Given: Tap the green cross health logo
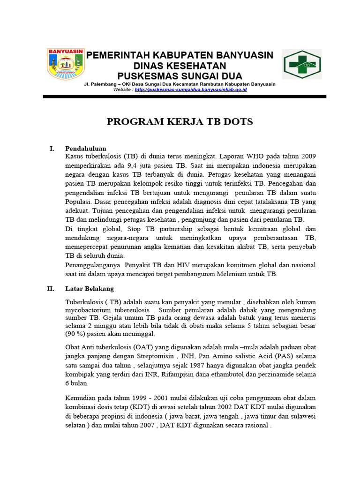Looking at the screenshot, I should coord(301,64).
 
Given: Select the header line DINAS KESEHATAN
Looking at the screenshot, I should coord(180,66).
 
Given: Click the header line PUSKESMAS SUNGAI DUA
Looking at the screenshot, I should coord(180,75).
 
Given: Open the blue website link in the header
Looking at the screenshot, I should coord(190,89).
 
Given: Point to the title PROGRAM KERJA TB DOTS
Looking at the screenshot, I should coord(180,122).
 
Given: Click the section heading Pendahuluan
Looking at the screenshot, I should coord(86,149).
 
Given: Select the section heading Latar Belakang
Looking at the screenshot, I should coord(89,289).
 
